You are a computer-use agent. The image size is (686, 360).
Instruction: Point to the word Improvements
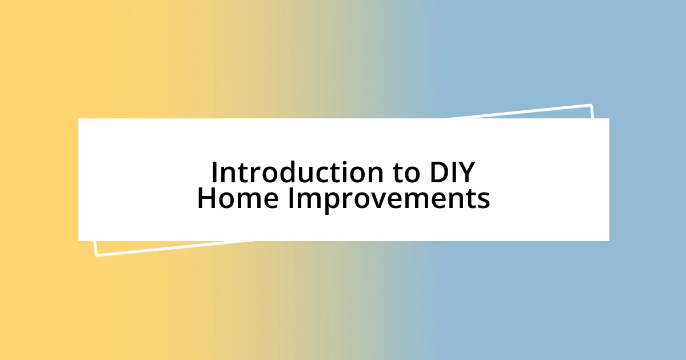pos(388,198)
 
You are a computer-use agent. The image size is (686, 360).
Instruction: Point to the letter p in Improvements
pos(327,201)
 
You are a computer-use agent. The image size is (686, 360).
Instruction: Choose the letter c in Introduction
pos(324,173)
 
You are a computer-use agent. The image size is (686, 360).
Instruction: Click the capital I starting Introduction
pos(214,172)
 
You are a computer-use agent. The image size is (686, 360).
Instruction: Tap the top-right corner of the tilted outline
pos(591,106)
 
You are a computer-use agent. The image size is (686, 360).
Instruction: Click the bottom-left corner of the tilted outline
pos(96,255)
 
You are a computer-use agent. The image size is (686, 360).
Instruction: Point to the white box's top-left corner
pos(79,119)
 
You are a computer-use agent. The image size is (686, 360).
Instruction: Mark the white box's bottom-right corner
pos(608,240)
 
